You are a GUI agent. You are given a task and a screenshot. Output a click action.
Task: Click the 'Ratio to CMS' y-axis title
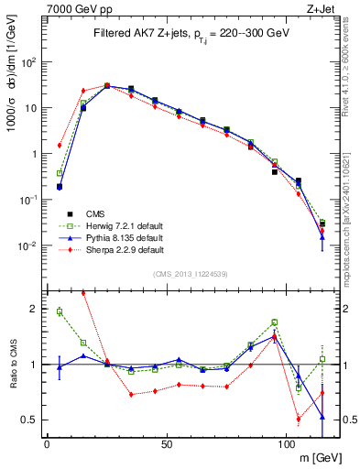13,365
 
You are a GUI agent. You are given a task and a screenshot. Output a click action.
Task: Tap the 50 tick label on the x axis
166,444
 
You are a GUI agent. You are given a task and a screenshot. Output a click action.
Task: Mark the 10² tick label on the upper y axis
29,62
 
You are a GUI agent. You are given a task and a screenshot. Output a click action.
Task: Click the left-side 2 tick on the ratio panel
35,309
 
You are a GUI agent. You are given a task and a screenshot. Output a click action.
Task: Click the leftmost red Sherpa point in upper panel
60,145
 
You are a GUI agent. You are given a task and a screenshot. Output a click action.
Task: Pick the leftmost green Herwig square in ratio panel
60,311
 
